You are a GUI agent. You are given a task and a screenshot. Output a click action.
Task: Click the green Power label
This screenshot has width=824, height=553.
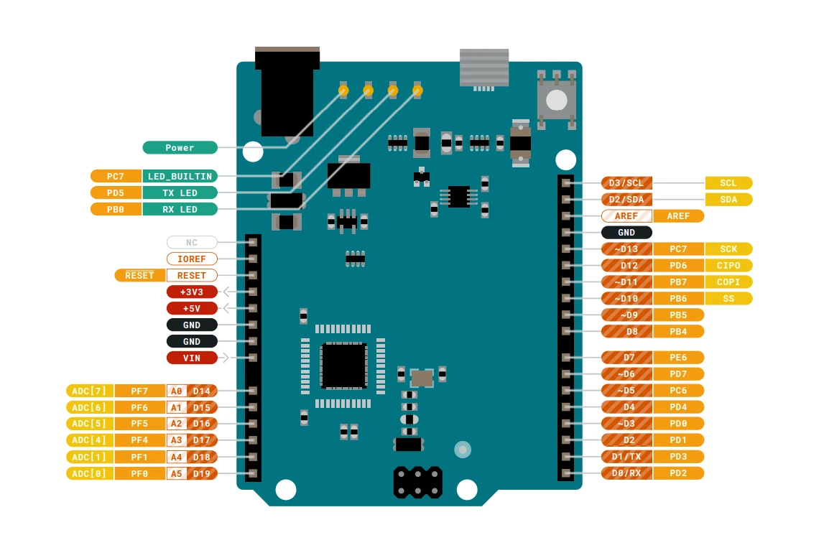pos(180,148)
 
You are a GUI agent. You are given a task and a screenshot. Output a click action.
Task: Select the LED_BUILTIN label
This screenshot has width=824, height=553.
pos(180,176)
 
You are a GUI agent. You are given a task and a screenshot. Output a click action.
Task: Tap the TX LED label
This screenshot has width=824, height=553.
pos(180,192)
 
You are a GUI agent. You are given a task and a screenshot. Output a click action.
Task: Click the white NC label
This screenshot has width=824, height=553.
pos(192,243)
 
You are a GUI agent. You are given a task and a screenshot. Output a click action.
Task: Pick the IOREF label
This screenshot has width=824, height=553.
pos(192,259)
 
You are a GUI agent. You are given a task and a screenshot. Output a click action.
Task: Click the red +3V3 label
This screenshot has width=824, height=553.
pos(192,292)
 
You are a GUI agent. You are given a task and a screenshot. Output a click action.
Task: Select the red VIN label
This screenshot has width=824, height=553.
pos(192,358)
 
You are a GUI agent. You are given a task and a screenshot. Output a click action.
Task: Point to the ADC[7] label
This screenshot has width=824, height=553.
pos(90,391)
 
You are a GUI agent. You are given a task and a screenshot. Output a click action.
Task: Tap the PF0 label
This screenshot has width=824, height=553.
pos(139,473)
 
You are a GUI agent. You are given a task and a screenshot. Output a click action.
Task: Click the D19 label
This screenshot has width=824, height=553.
pos(202,473)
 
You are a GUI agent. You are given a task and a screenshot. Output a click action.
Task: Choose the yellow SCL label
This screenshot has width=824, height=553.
pos(728,183)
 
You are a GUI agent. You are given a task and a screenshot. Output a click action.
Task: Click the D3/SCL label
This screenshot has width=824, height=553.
pos(626,183)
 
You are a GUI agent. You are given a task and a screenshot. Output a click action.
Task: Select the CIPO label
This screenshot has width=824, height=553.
pos(728,266)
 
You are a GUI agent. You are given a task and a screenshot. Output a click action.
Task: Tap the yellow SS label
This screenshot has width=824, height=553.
pos(728,298)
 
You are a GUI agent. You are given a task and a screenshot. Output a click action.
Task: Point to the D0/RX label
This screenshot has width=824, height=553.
pos(626,473)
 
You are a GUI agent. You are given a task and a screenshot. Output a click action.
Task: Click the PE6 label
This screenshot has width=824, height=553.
pos(678,357)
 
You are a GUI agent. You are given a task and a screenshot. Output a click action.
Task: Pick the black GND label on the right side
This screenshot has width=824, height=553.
pos(626,233)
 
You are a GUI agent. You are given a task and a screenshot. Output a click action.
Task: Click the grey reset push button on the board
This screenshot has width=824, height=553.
pos(557,99)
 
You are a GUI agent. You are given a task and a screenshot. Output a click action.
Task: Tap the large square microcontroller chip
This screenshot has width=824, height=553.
pos(343,366)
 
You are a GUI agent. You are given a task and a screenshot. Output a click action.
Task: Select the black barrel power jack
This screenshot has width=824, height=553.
pos(287,91)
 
